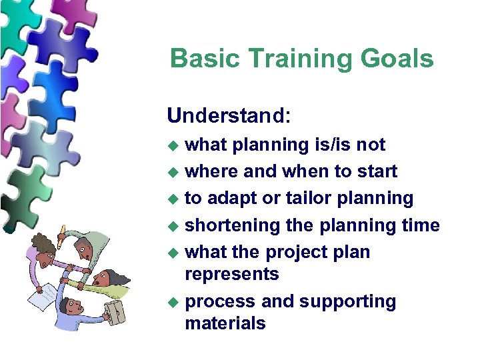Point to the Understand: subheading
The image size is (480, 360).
point(229,115)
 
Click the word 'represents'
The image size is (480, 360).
point(231,274)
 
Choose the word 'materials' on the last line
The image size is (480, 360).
point(225,323)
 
